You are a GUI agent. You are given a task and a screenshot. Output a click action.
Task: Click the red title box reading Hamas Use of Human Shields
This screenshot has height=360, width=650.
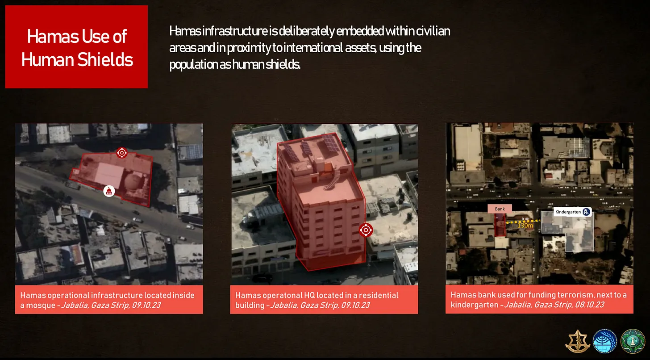[x=76, y=47]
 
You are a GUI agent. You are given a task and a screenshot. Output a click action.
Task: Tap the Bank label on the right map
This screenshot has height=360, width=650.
[x=500, y=209]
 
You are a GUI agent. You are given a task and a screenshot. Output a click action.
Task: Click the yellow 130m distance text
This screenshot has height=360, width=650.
[x=525, y=226]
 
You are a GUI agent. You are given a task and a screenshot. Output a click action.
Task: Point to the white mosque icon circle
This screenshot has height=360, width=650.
[x=109, y=191]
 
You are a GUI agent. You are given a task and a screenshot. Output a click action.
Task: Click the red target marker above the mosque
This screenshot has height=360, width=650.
[x=122, y=153]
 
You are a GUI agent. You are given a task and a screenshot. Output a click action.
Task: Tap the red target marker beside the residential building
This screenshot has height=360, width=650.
[x=366, y=230]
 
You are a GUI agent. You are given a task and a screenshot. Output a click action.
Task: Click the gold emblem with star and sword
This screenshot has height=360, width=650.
[x=578, y=341]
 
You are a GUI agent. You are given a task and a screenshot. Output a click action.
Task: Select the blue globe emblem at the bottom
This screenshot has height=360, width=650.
[x=605, y=341]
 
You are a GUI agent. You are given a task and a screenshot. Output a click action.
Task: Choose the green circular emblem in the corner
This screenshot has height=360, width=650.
[x=633, y=341]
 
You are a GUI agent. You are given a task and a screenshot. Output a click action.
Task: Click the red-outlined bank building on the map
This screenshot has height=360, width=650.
[x=500, y=225]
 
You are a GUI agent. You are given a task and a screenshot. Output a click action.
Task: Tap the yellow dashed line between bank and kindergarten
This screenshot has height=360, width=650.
[x=524, y=222]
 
